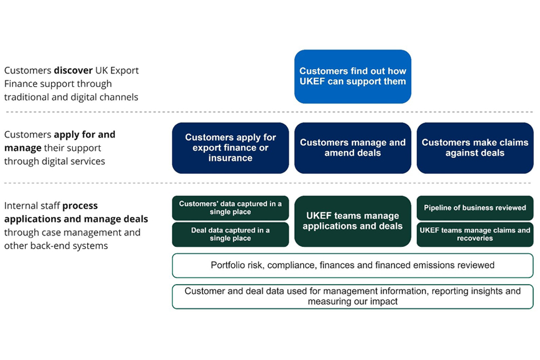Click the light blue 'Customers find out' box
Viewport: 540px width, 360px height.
[353, 76]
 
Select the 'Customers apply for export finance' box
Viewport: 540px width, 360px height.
[231, 148]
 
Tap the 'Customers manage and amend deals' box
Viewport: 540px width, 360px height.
[353, 148]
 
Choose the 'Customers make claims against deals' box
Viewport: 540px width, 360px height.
[475, 148]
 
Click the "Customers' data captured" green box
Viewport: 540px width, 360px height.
[231, 208]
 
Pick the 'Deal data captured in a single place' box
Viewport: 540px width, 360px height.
[231, 234]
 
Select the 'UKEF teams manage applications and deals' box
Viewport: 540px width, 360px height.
[353, 221]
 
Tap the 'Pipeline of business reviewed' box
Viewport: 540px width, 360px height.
[475, 208]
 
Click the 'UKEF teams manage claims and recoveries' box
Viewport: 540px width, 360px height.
[475, 234]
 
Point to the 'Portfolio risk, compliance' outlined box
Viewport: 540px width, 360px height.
[353, 265]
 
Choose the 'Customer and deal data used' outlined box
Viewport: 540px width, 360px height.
[353, 296]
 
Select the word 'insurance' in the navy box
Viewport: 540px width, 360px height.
[231, 158]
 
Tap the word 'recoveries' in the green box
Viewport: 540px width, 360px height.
[475, 238]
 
